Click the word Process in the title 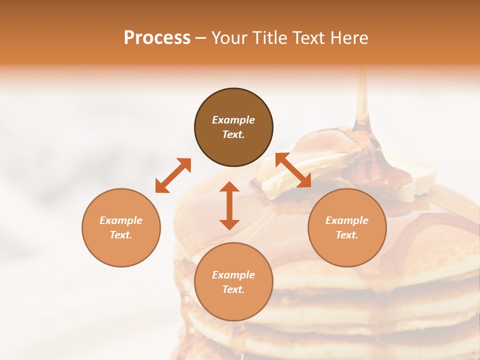point(157,38)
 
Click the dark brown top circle point(233,127)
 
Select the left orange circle point(121,227)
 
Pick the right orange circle point(347,227)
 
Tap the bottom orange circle point(233,282)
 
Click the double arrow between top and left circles point(173,175)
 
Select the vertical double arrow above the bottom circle point(229,205)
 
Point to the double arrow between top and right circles point(293,170)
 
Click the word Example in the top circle point(233,120)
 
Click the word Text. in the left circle point(121,235)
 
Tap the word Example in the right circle point(347,220)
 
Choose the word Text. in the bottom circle point(233,289)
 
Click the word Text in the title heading point(310,38)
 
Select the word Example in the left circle point(121,220)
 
